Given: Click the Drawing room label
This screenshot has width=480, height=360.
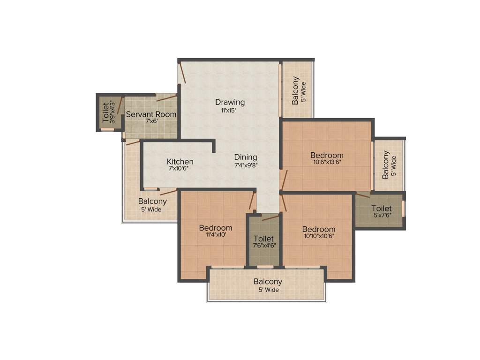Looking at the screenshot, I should click(230, 102).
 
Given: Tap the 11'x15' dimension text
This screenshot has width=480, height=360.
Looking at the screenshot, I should click(230, 111).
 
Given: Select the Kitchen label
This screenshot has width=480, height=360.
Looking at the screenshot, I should click(180, 162).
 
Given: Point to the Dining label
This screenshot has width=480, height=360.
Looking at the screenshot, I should click(246, 157).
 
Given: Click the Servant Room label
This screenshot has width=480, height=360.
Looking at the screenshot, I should click(151, 114).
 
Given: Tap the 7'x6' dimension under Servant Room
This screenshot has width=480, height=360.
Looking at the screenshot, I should click(151, 121).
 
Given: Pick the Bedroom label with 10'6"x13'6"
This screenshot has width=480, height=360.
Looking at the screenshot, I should click(327, 155).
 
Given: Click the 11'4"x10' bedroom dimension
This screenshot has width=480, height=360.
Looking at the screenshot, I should click(215, 235).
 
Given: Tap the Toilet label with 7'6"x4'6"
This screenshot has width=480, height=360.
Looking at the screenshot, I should click(263, 239).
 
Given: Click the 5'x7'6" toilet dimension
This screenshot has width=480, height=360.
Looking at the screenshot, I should click(382, 215).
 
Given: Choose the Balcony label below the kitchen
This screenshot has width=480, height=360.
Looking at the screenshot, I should click(152, 202).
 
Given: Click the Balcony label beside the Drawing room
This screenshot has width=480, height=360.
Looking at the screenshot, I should click(295, 90).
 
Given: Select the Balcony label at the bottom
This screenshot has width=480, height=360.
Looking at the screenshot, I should click(268, 282).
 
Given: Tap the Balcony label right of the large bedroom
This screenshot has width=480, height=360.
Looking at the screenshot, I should click(385, 165).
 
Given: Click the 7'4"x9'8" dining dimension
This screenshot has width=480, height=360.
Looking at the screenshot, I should click(246, 165).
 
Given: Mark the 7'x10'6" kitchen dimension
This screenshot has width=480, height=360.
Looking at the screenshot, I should click(180, 169).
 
